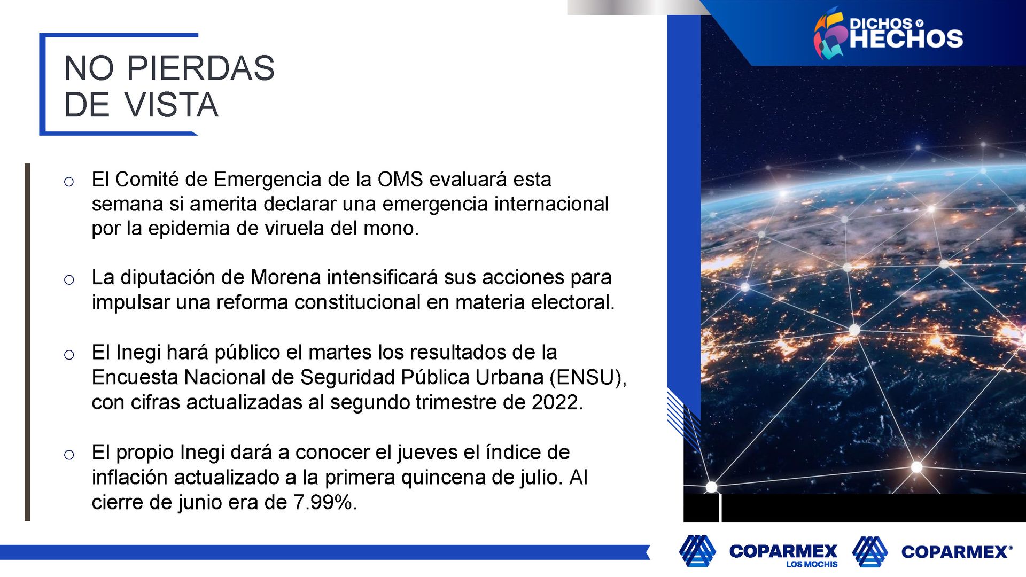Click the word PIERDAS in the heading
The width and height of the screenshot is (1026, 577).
click(x=200, y=68)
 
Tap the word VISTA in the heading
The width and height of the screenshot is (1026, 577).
click(x=172, y=105)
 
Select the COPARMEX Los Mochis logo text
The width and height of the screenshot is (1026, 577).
click(x=783, y=554)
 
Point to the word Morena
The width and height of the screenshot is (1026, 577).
click(x=286, y=278)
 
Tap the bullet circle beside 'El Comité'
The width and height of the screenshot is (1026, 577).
click(x=69, y=182)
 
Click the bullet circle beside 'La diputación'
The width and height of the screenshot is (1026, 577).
click(x=69, y=280)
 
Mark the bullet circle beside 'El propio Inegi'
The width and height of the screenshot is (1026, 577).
click(x=69, y=455)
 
